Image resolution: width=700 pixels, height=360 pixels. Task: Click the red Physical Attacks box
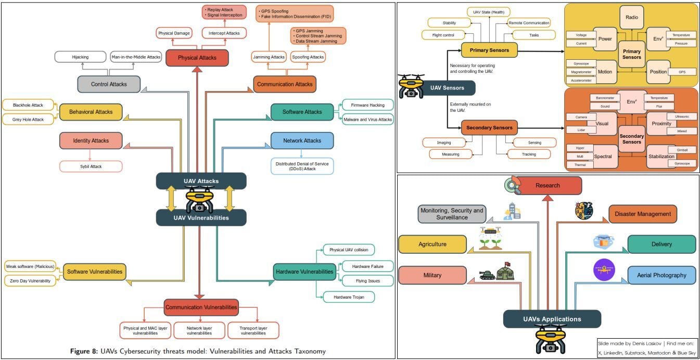click(x=197, y=57)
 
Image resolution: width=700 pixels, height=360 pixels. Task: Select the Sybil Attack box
click(x=91, y=166)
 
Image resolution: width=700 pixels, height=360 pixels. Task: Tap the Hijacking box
click(x=80, y=57)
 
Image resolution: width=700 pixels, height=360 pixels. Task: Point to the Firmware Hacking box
click(x=367, y=105)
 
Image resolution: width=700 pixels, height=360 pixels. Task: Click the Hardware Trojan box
click(x=349, y=297)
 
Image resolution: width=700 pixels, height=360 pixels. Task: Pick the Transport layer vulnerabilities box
click(x=253, y=330)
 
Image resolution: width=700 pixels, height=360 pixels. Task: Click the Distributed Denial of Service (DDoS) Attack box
click(x=302, y=166)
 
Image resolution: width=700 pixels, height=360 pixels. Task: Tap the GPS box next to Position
click(x=681, y=71)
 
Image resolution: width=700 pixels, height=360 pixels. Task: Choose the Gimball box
click(x=681, y=150)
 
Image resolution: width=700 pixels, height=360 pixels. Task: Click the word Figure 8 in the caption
click(x=86, y=351)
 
